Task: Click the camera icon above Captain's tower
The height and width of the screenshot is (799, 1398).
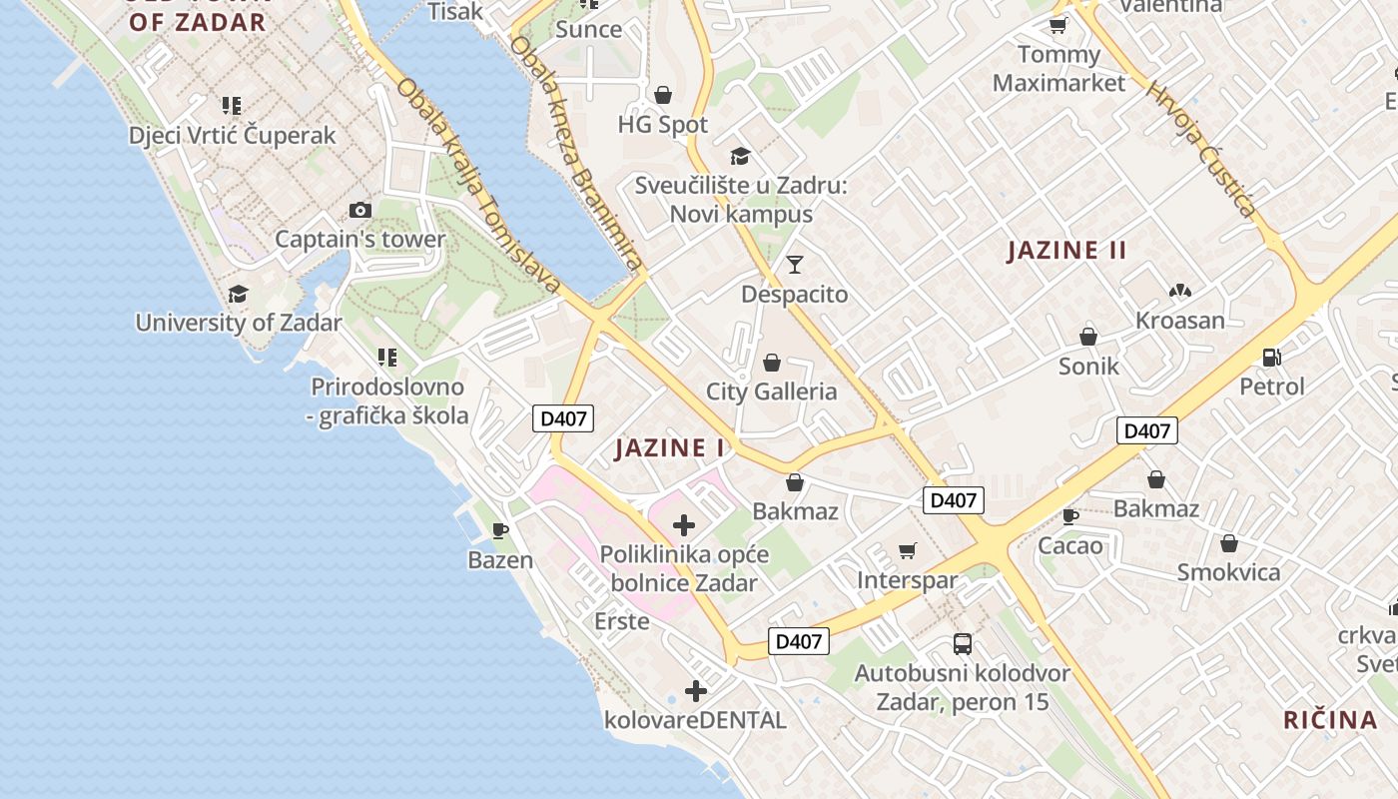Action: click(360, 210)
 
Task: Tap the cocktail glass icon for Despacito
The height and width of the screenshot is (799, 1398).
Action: click(795, 264)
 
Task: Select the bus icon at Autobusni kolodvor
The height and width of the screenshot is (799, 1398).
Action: click(963, 643)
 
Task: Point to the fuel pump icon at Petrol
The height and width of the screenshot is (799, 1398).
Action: click(1272, 356)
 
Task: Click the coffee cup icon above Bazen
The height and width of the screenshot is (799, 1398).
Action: click(500, 530)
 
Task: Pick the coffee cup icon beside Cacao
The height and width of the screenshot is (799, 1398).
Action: click(1070, 516)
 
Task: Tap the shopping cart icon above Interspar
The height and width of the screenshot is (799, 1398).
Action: click(908, 550)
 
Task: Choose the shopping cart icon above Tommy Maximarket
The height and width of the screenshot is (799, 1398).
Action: click(1057, 25)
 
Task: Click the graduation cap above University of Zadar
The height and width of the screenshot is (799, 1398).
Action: click(238, 294)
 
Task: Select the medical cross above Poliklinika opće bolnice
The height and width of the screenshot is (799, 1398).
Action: click(684, 524)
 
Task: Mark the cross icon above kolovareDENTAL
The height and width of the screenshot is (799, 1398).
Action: click(696, 690)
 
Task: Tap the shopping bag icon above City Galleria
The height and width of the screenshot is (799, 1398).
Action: click(772, 362)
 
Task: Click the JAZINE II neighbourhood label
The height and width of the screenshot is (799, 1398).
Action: click(1066, 251)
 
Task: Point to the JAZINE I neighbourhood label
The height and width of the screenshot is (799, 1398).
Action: click(670, 448)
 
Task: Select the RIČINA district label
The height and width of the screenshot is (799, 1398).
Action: click(1330, 719)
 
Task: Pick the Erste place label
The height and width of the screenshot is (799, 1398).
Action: click(622, 621)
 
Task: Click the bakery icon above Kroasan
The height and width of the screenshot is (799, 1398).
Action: click(1180, 291)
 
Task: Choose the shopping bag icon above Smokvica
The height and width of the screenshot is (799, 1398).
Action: click(1229, 543)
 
